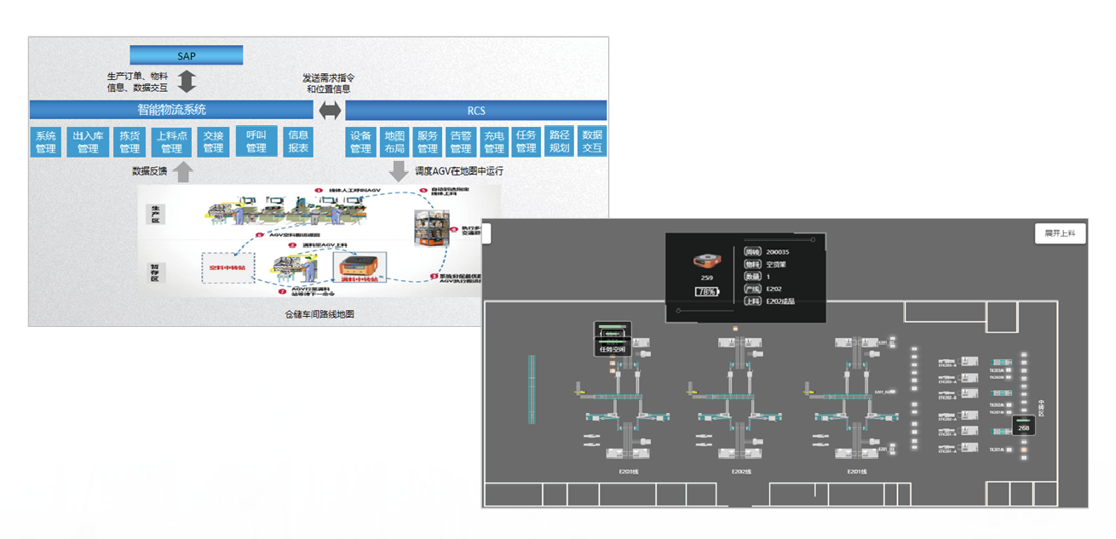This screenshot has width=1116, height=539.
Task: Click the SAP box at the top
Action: (x=186, y=56)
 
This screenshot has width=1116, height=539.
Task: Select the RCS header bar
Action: (x=475, y=111)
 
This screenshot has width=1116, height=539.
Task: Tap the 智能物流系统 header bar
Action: (x=171, y=110)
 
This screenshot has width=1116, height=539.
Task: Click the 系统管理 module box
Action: (x=46, y=142)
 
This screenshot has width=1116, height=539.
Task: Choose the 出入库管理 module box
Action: (x=88, y=142)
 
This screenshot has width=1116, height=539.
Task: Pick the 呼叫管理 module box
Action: (x=256, y=141)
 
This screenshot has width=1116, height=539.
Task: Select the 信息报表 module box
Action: (x=298, y=141)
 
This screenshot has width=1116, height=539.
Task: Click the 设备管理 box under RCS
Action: (x=361, y=142)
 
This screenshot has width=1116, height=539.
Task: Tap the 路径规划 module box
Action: (x=559, y=141)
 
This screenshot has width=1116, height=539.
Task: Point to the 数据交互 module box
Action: (x=591, y=141)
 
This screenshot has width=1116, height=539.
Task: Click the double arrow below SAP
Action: (x=187, y=82)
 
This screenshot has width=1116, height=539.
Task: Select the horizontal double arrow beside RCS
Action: (x=330, y=111)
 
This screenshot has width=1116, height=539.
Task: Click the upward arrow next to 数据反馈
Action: (x=183, y=172)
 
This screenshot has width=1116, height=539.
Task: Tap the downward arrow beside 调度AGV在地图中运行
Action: (x=398, y=171)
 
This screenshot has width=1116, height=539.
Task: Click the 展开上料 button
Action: (x=1060, y=233)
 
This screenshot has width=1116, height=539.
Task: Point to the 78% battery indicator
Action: (x=707, y=292)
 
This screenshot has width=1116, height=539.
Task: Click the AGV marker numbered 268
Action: (x=1023, y=427)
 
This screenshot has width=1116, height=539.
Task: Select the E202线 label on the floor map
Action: (x=740, y=471)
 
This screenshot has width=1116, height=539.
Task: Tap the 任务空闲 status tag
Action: (x=613, y=348)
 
